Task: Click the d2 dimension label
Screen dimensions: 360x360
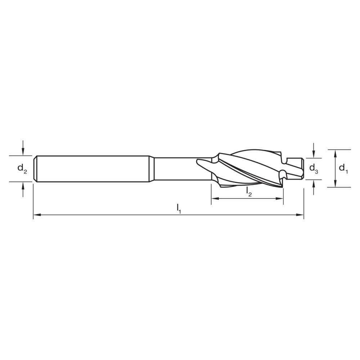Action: pos(22,168)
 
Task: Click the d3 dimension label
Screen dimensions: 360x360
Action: pos(314,168)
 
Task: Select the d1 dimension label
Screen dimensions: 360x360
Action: pos(344,168)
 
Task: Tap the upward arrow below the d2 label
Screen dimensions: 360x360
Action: pos(23,185)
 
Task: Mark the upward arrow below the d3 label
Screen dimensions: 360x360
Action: pos(314,183)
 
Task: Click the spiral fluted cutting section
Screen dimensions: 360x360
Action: pos(248,168)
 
